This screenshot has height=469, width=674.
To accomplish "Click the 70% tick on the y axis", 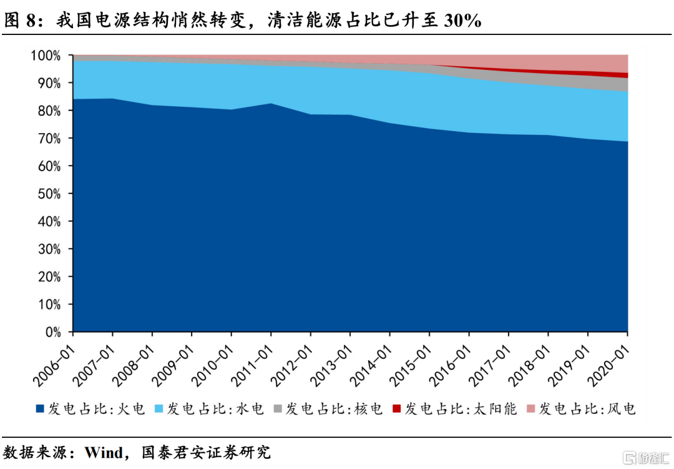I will tap(47, 138).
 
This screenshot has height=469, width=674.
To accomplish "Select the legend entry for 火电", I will tap(90, 409).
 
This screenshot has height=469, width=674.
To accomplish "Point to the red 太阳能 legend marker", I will tap(396, 409).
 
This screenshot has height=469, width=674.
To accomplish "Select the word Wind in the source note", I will tap(104, 452).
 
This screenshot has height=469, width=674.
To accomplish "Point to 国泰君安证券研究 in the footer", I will tap(206, 452).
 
